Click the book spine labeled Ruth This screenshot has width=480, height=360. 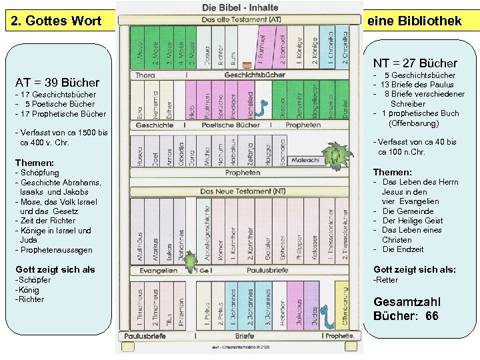point(233,47)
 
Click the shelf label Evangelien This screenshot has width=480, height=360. point(158,271)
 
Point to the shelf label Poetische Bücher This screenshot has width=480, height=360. point(231,125)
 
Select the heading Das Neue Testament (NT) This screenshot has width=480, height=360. point(240,191)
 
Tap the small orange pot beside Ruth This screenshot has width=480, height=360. point(247,64)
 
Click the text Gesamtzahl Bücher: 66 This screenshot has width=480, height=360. point(406,309)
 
